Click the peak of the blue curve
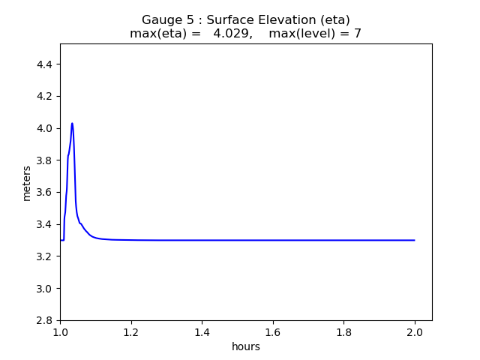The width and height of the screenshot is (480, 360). point(72,123)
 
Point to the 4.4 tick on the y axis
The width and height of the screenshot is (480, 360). point(46,64)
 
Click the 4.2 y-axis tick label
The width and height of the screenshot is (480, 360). point(46,97)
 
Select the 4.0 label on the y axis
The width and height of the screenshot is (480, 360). point(46,128)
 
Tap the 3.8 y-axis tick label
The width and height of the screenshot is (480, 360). point(46,160)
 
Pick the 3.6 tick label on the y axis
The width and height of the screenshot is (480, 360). point(46,193)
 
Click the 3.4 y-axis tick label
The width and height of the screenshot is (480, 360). point(46,224)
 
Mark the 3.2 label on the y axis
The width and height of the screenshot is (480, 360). point(46,256)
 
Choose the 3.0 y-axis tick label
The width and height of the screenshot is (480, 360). point(46,289)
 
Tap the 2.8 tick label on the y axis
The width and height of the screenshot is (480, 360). point(46,320)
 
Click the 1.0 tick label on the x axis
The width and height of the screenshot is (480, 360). point(60,332)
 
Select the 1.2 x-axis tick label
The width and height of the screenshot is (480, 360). point(131,332)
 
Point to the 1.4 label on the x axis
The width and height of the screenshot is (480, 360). point(202,332)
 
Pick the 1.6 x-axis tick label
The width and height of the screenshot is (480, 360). point(273,332)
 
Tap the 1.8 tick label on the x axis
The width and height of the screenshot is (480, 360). point(343,332)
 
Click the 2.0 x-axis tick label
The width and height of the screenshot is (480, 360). point(415,332)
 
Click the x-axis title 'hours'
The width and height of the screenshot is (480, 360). point(246,346)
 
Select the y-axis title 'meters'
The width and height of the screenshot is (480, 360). point(27,183)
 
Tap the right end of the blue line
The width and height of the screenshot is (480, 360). point(415,240)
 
